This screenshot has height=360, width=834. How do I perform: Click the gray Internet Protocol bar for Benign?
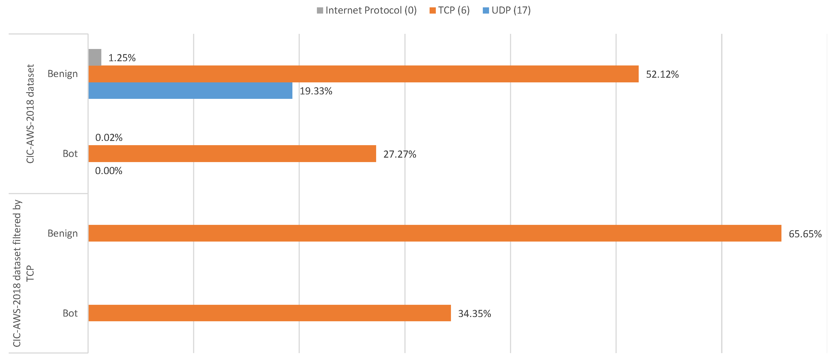pos(95,57)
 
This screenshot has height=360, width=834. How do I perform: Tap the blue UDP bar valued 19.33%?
pos(190,90)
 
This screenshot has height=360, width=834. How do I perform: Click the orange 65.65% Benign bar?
pos(434,233)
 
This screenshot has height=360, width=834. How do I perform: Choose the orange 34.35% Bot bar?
pos(269,313)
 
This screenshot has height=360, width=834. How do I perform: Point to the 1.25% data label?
pos(122,58)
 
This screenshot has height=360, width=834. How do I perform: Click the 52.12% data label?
pos(662,74)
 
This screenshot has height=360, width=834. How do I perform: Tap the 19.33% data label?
pos(316,91)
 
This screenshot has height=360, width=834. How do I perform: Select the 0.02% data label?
pos(109,138)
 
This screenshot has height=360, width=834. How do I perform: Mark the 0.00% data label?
pos(108,171)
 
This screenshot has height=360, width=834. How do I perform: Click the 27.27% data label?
pos(400,154)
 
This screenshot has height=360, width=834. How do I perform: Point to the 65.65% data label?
pos(805,234)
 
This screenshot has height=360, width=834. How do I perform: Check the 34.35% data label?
pos(474,313)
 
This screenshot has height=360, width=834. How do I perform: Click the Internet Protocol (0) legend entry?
pos(367,10)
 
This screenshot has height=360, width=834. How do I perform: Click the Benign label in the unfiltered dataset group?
pos(63,74)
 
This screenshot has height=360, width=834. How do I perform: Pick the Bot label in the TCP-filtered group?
pos(70,313)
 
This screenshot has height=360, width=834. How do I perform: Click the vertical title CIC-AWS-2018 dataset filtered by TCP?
pos(23,273)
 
